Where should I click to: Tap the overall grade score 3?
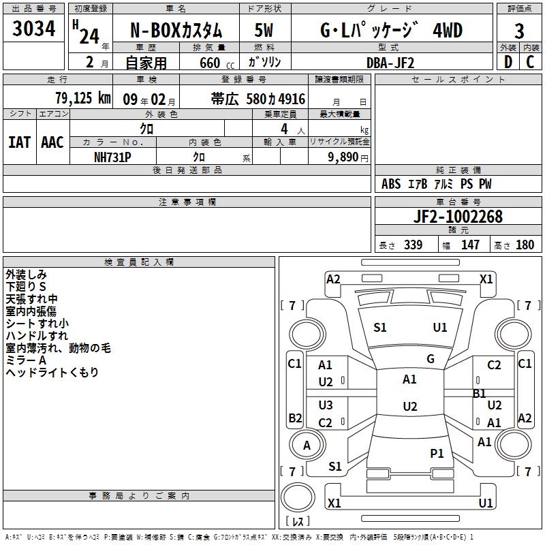(x=519, y=31)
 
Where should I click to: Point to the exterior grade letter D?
(x=507, y=62)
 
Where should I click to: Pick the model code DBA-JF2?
(x=390, y=63)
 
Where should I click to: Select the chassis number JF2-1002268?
(x=458, y=217)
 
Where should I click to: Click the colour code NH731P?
(x=112, y=157)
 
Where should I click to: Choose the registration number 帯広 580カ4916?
(x=258, y=99)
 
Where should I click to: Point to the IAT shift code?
(x=19, y=142)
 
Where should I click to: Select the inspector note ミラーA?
(x=26, y=360)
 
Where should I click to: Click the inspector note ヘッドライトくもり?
(x=52, y=372)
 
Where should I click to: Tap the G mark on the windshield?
(x=430, y=359)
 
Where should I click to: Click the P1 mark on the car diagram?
(x=437, y=453)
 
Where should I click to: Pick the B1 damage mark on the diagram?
(x=479, y=393)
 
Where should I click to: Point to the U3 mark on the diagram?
(x=326, y=405)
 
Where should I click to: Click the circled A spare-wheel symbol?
(x=307, y=446)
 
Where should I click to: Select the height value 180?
(x=525, y=245)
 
